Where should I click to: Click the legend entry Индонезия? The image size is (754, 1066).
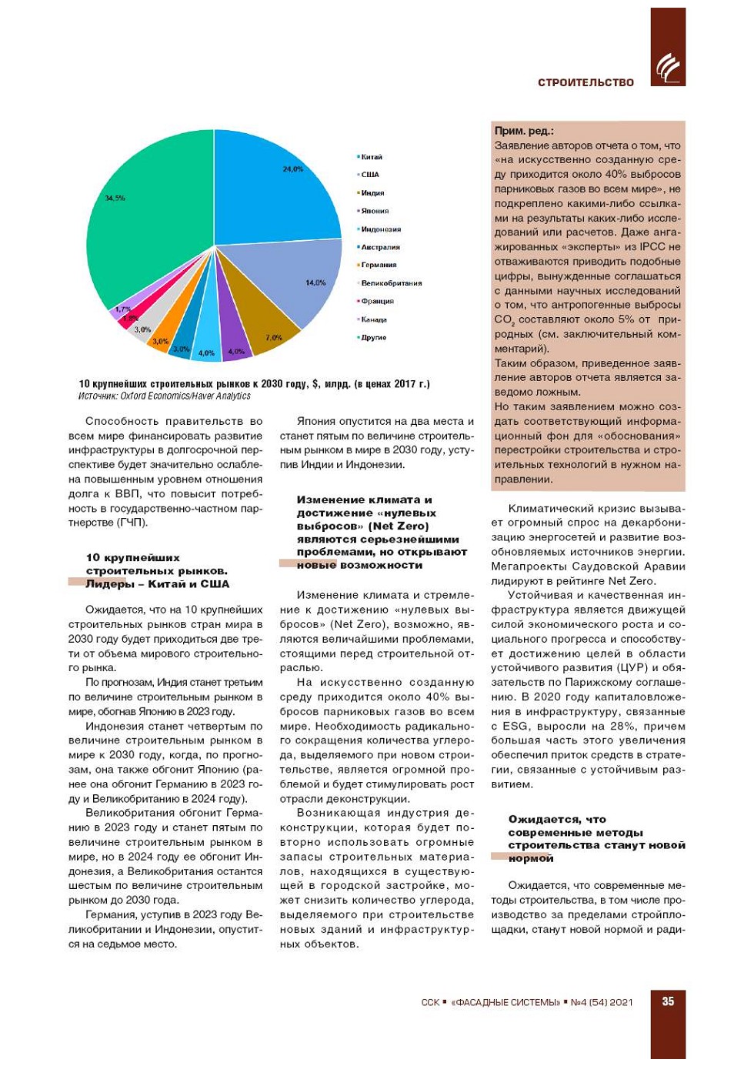pyautogui.click(x=380, y=229)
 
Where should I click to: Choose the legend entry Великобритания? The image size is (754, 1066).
pyautogui.click(x=391, y=283)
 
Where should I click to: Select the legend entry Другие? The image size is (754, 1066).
pyautogui.click(x=373, y=338)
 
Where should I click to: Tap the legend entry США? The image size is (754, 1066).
pyautogui.click(x=369, y=175)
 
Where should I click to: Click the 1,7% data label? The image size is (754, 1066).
pyautogui.click(x=123, y=309)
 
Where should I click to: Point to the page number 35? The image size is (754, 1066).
pyautogui.click(x=668, y=1001)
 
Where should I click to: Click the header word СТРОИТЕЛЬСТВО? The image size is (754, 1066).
pyautogui.click(x=586, y=82)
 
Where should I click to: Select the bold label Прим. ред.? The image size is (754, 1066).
pyautogui.click(x=524, y=131)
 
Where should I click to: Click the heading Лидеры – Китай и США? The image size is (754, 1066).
pyautogui.click(x=157, y=584)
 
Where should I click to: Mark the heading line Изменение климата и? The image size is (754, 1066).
pyautogui.click(x=364, y=500)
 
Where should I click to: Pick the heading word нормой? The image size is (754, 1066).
pyautogui.click(x=531, y=858)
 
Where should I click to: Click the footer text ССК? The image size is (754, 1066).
pyautogui.click(x=430, y=1002)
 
